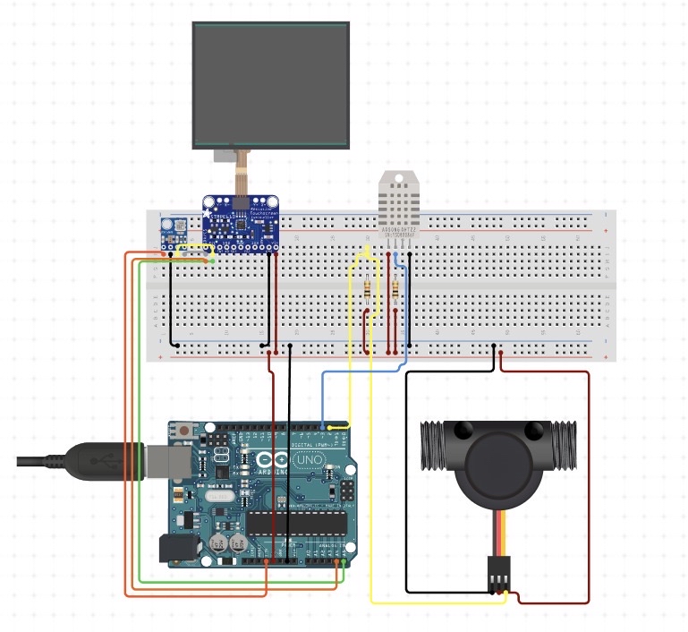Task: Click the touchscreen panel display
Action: [270, 85]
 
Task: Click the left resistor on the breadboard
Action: [369, 288]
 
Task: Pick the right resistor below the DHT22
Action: [395, 289]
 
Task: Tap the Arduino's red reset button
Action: [184, 431]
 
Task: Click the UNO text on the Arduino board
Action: [309, 460]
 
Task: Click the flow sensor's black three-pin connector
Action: [497, 574]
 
